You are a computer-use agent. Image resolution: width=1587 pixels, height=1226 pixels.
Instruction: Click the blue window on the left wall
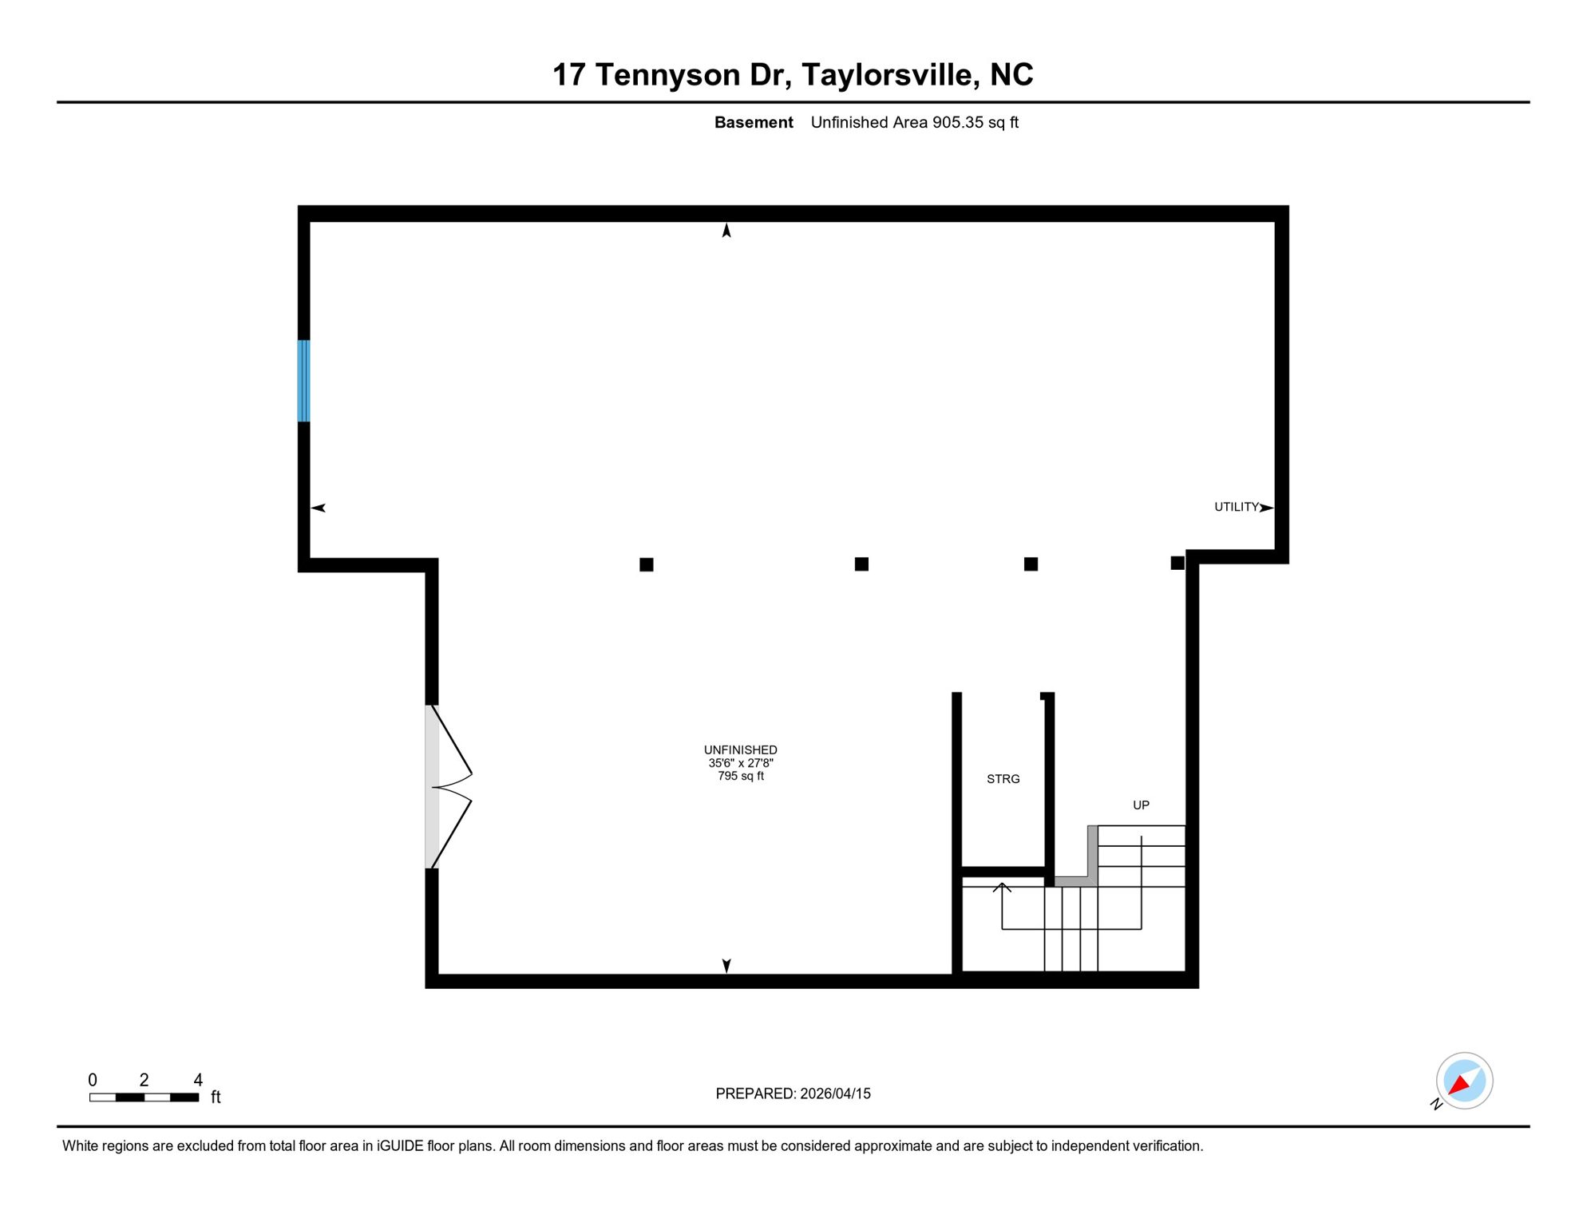click(x=303, y=381)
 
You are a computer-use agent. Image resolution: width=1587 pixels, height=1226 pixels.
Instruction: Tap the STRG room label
click(x=1003, y=779)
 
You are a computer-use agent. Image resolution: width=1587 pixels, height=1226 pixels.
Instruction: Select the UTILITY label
click(x=1236, y=507)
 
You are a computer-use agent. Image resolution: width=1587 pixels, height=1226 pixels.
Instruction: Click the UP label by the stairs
click(x=1141, y=805)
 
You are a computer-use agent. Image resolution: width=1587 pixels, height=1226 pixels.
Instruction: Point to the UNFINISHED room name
click(x=740, y=750)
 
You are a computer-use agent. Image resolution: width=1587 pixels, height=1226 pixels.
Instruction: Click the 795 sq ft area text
click(x=740, y=776)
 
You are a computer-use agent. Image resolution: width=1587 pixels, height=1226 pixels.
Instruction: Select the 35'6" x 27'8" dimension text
click(x=740, y=763)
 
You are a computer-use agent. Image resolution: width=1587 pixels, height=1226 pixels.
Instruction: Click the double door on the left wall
click(x=447, y=787)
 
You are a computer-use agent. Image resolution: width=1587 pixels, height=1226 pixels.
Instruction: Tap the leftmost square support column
click(x=647, y=565)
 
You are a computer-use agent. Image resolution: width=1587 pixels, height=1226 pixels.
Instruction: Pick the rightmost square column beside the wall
click(x=1177, y=564)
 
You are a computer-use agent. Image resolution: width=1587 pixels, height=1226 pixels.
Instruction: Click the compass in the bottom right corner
click(x=1464, y=1081)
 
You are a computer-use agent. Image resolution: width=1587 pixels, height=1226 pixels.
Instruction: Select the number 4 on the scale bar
click(x=198, y=1080)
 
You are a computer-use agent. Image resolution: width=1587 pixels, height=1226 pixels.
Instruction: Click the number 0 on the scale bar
click(x=93, y=1080)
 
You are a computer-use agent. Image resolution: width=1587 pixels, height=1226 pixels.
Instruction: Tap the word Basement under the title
click(x=754, y=123)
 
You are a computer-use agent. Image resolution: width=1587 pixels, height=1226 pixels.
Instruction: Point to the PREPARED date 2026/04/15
click(x=835, y=1094)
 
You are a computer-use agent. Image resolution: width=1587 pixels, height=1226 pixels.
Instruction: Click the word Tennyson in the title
click(x=667, y=75)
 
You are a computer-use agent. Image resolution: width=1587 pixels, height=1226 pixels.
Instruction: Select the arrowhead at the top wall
click(x=726, y=231)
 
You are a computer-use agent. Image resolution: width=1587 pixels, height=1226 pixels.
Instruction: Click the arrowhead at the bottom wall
click(x=726, y=966)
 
